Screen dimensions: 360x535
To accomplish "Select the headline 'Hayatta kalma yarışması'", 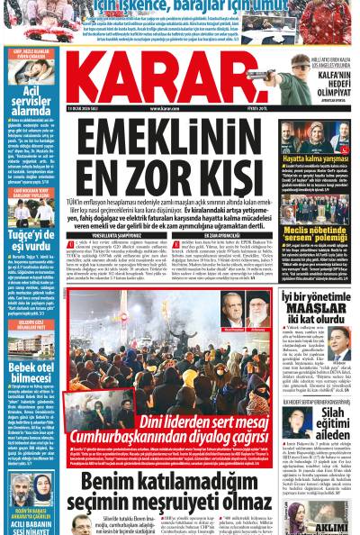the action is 319,159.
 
